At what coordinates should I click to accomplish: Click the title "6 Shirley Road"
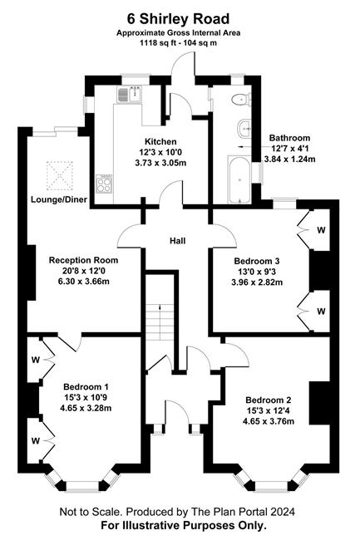178,18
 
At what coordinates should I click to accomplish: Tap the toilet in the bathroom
241,100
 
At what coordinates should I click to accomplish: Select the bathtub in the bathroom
239,179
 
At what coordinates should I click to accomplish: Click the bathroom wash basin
245,129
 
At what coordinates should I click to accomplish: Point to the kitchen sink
131,94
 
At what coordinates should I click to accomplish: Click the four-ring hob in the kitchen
104,184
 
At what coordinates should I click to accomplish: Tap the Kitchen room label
160,141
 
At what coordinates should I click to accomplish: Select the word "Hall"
177,241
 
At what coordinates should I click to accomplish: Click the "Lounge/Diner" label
59,199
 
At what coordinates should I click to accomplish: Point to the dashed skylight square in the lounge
60,175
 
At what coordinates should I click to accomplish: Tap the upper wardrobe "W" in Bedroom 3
321,229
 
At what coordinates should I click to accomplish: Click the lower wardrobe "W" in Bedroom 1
36,440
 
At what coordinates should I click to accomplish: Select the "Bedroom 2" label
269,400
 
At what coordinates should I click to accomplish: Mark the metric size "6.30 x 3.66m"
84,282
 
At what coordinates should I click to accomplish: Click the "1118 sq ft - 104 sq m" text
178,43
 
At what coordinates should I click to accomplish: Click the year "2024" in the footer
282,512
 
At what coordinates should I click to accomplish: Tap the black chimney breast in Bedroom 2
320,403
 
